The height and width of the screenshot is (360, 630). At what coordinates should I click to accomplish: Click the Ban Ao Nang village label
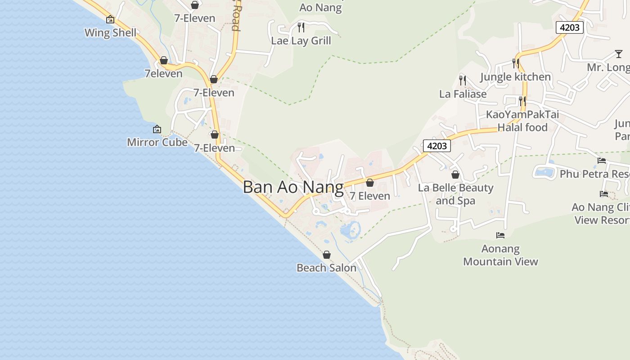pos(293,187)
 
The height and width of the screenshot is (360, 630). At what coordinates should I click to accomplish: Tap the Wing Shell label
pos(110,33)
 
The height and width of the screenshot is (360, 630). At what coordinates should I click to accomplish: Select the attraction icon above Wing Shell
pos(110,19)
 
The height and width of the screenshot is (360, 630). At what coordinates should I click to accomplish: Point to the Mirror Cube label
pos(157,142)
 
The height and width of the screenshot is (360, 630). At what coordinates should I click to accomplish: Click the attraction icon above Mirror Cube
pos(157,129)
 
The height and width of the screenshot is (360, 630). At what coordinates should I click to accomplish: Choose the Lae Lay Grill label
pos(301,40)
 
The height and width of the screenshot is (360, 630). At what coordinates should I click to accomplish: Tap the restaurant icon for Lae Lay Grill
pos(301,27)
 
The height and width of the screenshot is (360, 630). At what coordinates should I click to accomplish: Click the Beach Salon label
pos(326,268)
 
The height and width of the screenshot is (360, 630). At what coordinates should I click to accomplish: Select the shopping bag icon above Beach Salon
pos(327,255)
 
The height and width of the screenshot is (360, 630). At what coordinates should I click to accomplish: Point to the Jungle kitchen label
pos(515,77)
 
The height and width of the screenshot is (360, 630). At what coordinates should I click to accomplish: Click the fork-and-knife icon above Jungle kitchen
pos(516,63)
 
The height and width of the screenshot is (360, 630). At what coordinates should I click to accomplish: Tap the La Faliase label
pos(463,94)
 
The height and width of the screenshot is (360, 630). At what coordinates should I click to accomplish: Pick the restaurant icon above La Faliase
pos(463,81)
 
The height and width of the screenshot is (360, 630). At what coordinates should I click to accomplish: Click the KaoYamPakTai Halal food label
pos(522,121)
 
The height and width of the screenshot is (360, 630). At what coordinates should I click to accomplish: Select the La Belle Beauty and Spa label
pos(455,194)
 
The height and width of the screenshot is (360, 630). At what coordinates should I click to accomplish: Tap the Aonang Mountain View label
pos(500,255)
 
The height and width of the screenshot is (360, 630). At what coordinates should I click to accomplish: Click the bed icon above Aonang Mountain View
pos(500,235)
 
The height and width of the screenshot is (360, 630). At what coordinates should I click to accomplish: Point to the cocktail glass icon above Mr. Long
pos(619,54)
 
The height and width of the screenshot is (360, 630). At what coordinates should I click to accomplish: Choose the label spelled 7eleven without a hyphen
pos(163,74)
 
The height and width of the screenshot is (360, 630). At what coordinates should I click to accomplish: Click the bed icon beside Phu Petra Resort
pos(602,161)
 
